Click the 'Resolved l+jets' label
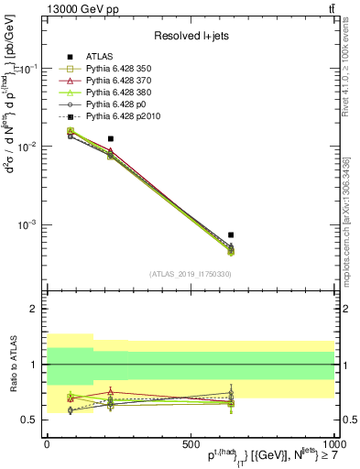(190, 36)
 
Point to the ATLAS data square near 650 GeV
(232, 234)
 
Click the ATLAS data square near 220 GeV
(111, 138)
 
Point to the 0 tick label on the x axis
(47, 443)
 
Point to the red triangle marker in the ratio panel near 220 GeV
(111, 392)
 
